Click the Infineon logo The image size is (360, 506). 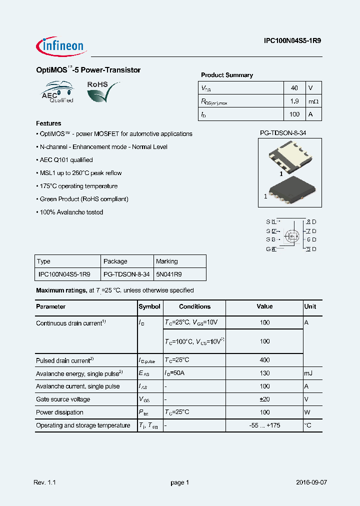click(61, 46)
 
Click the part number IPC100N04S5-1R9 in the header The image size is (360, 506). click(292, 42)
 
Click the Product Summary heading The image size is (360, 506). click(227, 75)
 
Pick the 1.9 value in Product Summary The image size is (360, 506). click(294, 101)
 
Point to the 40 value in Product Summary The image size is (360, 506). click(294, 88)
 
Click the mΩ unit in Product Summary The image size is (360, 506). click(313, 101)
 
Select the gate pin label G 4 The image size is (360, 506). click(270, 249)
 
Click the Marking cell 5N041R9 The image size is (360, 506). click(169, 274)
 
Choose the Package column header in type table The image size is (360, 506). click(115, 261)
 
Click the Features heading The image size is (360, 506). click(48, 123)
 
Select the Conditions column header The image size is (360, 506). click(194, 306)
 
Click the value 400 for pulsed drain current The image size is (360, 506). click(264, 360)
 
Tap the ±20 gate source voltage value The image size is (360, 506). click(264, 399)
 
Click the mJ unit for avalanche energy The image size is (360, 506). click(308, 373)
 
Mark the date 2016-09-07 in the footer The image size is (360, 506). click(311, 482)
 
